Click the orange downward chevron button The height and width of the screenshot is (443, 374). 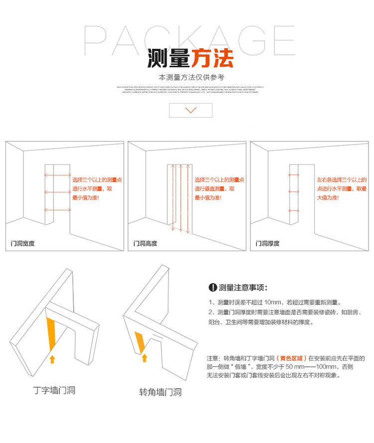(190, 110)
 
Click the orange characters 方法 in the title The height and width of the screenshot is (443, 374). (212, 58)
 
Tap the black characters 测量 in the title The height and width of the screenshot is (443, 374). (169, 58)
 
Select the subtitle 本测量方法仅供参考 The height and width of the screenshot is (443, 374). (191, 78)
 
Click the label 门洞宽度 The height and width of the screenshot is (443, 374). (23, 244)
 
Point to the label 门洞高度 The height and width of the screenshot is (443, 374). (145, 244)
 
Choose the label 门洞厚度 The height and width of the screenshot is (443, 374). (268, 244)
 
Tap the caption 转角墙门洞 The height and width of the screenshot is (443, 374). (160, 392)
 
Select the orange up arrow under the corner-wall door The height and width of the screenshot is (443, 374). (145, 357)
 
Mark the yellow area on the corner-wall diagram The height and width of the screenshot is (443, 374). (140, 340)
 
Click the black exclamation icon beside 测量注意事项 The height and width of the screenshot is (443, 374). (212, 288)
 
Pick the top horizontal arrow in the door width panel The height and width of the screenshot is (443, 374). (57, 175)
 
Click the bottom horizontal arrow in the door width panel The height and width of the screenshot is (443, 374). (57, 210)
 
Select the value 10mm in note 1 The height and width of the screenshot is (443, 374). (274, 302)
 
